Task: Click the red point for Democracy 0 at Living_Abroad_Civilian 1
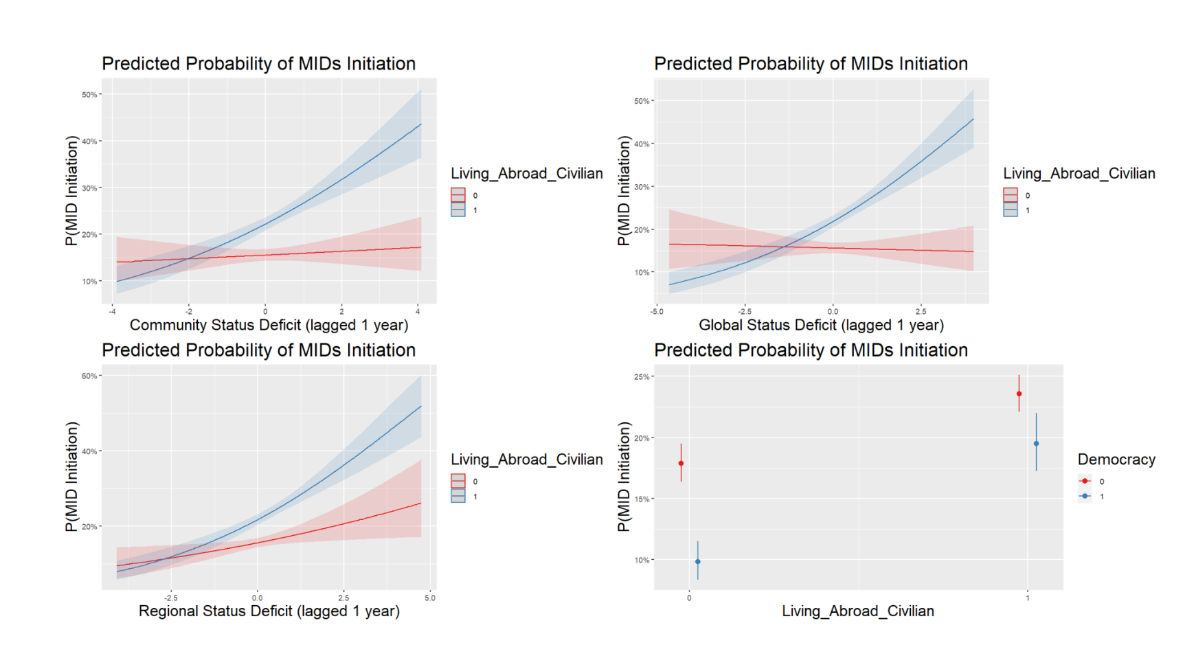(1019, 394)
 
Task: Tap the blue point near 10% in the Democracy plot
(698, 561)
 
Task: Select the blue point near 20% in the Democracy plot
(1036, 444)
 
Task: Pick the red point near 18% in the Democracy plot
(681, 463)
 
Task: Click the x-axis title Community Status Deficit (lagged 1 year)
(269, 325)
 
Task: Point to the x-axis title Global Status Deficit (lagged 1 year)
(821, 325)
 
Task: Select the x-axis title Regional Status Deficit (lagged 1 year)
(269, 611)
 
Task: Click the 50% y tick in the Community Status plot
(89, 94)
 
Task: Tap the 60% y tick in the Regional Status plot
(89, 376)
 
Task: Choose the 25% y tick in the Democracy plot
(642, 376)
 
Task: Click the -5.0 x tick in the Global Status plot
(657, 311)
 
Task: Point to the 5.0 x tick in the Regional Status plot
(430, 598)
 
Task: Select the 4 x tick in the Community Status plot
(418, 311)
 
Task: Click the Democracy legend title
(1116, 460)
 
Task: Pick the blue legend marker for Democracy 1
(1085, 496)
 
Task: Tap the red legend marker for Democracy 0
(1085, 481)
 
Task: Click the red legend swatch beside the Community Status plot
(458, 195)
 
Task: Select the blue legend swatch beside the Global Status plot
(1011, 210)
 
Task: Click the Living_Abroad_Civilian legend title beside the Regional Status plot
(526, 460)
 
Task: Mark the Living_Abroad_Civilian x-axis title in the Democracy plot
(857, 611)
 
